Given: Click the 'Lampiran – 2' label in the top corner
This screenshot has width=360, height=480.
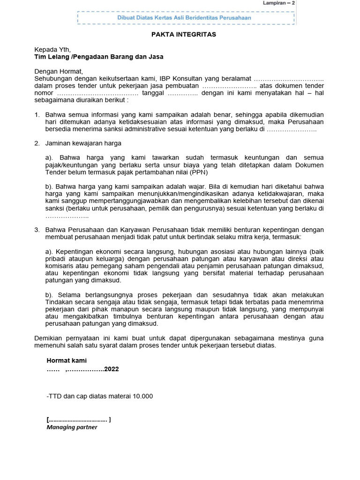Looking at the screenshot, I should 279,3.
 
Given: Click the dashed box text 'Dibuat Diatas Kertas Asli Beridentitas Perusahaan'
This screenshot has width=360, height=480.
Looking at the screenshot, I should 184,18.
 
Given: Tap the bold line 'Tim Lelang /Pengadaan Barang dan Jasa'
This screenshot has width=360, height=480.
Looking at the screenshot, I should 99,56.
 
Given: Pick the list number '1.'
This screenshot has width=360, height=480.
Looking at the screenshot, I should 37,115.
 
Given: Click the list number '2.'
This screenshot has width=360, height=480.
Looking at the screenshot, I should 37,143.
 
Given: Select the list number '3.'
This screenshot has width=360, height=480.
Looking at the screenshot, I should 37,230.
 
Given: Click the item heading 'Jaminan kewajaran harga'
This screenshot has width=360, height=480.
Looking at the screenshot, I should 83,143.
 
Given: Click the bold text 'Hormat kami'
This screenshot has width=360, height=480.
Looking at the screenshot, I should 67,360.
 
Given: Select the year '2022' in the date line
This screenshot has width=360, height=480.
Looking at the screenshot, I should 112,369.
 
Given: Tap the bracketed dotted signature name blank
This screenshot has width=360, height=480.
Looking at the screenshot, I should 78,420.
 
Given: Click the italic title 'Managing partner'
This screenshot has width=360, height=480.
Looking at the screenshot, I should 72,427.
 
